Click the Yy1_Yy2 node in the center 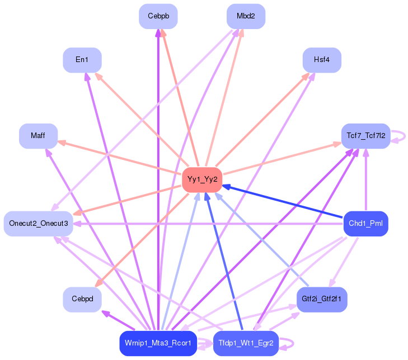202,179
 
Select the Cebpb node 158,16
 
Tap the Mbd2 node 246,16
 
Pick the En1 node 82,60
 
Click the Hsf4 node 322,60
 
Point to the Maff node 38,136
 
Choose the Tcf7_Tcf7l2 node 366,136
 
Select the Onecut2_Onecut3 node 38,224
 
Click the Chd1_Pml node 366,224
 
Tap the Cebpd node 82,299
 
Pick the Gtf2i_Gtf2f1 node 322,299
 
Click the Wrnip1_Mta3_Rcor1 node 158,343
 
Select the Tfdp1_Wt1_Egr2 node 246,343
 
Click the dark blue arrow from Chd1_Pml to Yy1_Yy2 283,201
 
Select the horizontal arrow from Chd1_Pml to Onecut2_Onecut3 208,224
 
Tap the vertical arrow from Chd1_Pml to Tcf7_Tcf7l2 366,179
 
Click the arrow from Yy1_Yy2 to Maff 119,158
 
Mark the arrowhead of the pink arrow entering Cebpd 99,283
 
